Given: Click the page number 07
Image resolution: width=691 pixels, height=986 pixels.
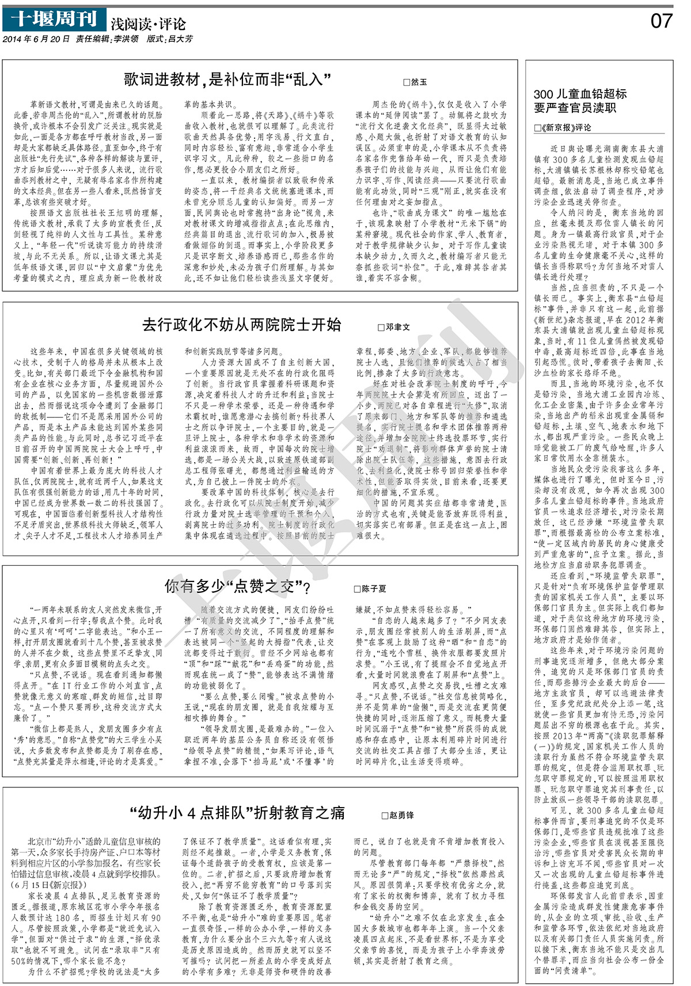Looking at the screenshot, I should click(661, 21).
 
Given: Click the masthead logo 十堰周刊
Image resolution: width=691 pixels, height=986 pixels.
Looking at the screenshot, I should click(54, 20).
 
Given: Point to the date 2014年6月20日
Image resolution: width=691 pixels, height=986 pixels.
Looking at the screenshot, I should click(36, 40).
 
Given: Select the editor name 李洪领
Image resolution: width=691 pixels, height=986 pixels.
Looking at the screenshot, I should click(126, 40).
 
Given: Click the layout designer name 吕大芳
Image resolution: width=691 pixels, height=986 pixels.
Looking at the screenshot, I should click(179, 40).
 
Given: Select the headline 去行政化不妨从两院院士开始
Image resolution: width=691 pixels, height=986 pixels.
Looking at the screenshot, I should click(242, 325).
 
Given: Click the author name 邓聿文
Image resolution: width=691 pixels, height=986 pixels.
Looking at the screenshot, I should click(398, 327).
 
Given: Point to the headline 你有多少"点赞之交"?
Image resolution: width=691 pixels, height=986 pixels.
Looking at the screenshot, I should click(238, 587).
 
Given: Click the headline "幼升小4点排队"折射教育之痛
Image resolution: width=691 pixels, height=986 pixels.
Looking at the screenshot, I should click(237, 813).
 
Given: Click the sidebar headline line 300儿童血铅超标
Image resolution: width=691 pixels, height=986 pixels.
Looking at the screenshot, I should click(580, 94).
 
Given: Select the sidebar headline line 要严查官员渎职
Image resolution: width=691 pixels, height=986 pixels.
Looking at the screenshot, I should click(575, 108).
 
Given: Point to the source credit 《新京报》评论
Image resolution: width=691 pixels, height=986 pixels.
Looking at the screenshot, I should click(566, 128).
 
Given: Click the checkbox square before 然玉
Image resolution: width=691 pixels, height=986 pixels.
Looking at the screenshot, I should click(407, 83).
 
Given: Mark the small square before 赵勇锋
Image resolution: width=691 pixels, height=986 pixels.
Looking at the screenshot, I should click(385, 816).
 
